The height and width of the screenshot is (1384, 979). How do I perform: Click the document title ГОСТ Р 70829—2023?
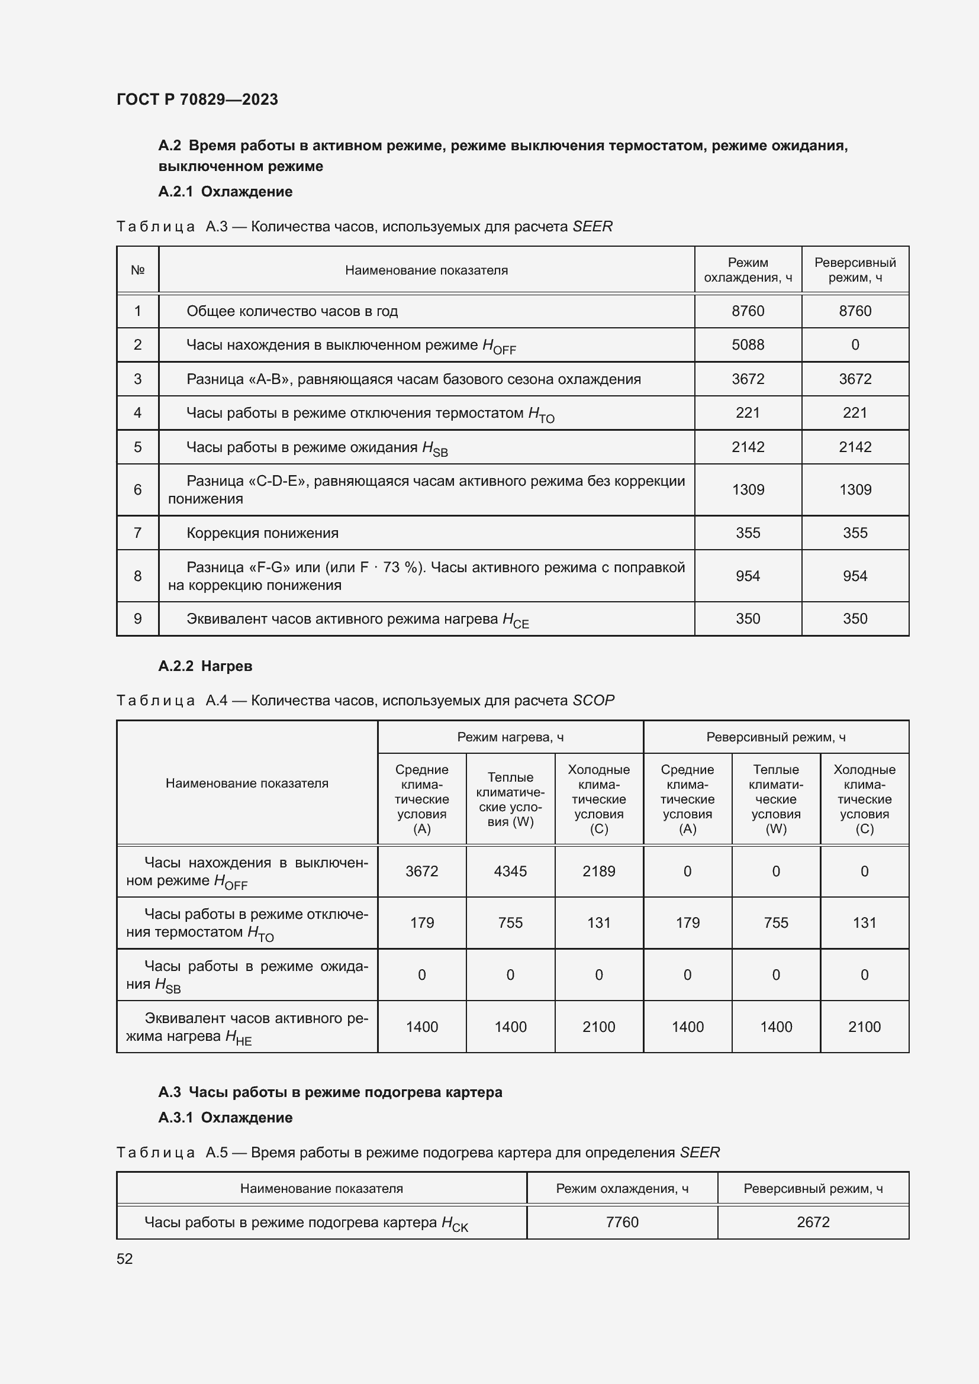point(197,99)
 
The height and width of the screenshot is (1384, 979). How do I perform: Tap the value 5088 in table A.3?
point(748,345)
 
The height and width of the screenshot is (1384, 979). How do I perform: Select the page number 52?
point(125,1259)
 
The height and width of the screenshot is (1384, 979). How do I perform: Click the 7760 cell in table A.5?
point(621,1222)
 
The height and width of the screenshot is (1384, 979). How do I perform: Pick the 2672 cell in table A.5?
point(813,1222)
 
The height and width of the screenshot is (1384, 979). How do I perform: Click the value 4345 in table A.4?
point(510,871)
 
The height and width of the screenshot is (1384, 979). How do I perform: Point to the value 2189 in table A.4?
point(598,871)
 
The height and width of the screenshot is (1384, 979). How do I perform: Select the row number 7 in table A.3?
point(137,533)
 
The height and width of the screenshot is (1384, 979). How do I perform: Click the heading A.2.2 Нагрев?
point(205,666)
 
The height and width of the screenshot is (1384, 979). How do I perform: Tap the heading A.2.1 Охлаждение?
point(225,192)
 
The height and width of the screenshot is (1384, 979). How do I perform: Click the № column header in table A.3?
point(137,270)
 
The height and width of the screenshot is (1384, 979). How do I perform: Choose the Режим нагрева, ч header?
point(510,737)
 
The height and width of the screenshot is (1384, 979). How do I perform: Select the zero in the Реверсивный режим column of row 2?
point(855,345)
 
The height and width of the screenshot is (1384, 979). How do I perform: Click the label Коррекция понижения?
point(262,533)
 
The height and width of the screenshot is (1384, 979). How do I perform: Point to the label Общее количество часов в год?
point(292,311)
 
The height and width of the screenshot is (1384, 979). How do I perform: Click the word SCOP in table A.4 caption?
point(593,701)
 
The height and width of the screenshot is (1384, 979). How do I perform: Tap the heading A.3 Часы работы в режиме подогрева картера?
point(330,1092)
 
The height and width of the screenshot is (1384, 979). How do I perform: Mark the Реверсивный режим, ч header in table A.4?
point(776,737)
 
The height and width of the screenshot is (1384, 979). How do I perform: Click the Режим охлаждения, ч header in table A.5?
point(621,1189)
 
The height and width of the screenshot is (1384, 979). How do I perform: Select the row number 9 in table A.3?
point(137,618)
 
